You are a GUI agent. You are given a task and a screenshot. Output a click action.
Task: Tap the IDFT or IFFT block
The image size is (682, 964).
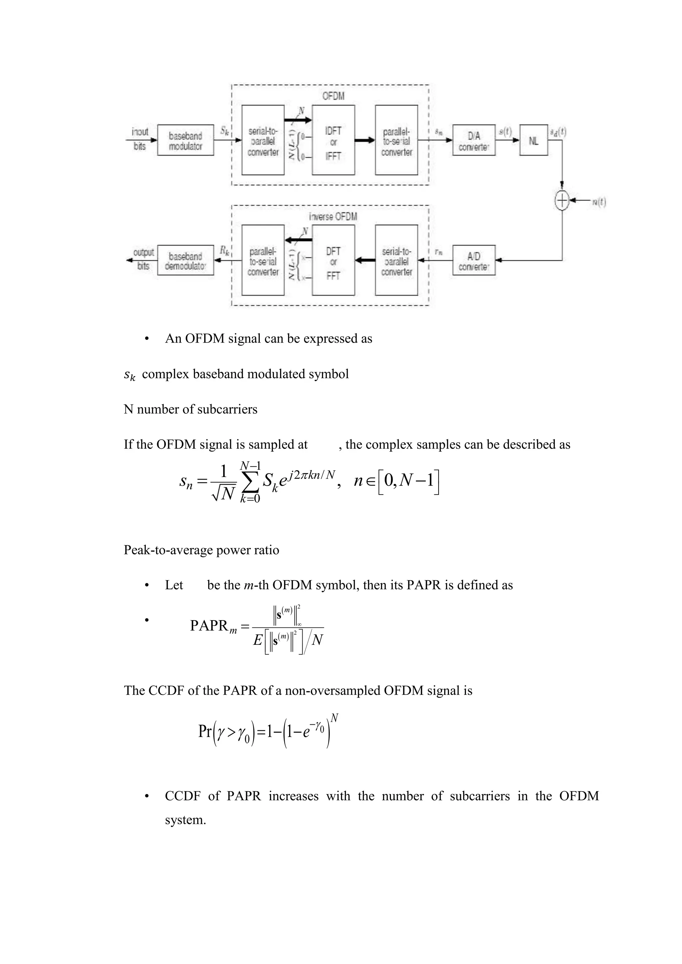coord(333,140)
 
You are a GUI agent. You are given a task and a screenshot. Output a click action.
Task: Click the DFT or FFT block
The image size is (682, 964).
coord(333,260)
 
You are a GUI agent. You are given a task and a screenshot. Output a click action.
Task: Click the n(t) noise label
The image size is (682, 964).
coord(599,202)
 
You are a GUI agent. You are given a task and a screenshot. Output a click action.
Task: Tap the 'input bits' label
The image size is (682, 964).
coord(140,138)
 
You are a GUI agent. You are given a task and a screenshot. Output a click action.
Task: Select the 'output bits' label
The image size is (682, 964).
coord(143,259)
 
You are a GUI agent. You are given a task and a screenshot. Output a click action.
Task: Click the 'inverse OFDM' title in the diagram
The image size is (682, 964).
coord(333,217)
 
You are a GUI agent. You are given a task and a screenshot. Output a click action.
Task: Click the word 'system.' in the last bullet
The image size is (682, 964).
coord(185,820)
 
